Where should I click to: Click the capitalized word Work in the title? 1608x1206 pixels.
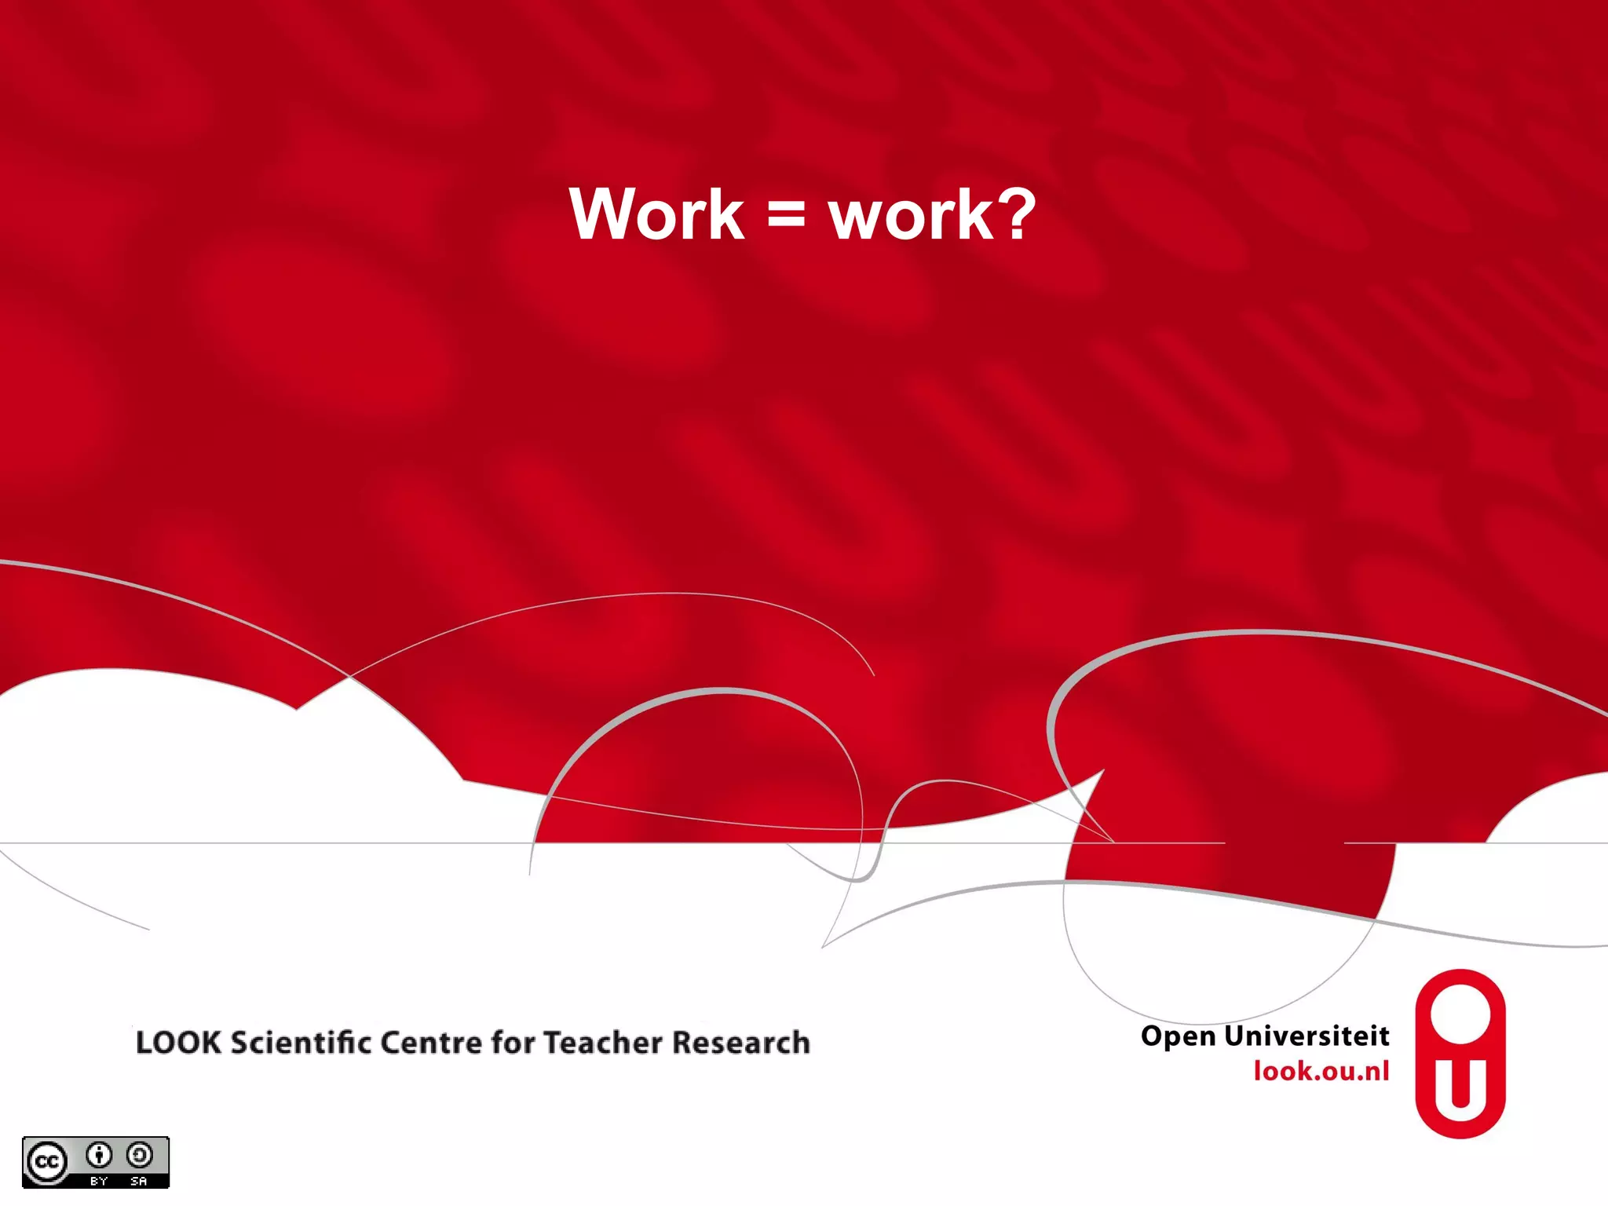656,214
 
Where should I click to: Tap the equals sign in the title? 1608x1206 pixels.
786,216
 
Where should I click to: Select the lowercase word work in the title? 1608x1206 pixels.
911,216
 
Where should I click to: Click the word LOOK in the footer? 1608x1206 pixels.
179,1043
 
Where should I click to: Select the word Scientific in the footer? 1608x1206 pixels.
301,1043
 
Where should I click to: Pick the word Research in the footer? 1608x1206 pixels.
741,1043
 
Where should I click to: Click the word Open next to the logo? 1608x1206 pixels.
1178,1036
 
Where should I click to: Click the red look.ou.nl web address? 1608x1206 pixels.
1321,1071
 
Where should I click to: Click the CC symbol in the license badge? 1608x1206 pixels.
46,1161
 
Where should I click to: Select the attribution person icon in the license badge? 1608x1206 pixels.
99,1155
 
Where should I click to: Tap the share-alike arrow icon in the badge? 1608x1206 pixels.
140,1155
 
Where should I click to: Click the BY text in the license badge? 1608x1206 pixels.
99,1181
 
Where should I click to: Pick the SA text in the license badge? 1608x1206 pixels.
139,1181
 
